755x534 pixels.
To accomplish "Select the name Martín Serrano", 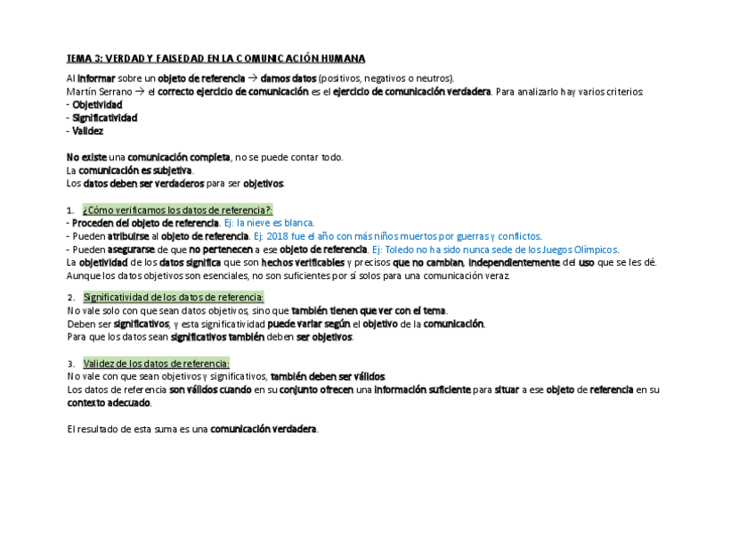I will click(97, 92).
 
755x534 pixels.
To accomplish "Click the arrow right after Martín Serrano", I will click(140, 92).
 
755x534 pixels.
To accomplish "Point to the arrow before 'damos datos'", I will click(252, 78).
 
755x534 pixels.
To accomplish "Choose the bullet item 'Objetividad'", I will click(98, 104).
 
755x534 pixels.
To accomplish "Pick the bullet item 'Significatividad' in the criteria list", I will click(104, 118).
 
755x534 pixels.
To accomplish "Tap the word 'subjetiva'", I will click(170, 170).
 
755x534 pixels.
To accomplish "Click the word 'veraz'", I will click(497, 276).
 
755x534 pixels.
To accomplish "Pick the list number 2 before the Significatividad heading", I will click(70, 297).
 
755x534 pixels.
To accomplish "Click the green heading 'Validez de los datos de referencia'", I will click(156, 363).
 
